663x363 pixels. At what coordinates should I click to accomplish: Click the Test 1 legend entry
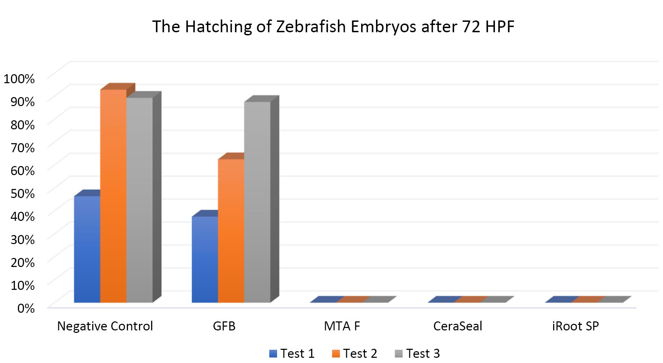(x=292, y=353)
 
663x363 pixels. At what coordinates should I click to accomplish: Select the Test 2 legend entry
(x=355, y=353)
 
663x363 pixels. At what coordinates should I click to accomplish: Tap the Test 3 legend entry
(x=417, y=353)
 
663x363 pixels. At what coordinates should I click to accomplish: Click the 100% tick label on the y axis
(x=19, y=79)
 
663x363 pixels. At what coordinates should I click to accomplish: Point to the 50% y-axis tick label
(x=23, y=193)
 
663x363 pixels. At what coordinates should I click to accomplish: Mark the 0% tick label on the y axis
(x=26, y=308)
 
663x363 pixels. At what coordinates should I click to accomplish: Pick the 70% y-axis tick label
(x=23, y=148)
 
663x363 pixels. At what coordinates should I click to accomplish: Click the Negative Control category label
(x=105, y=326)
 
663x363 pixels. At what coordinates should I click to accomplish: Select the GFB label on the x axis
(x=224, y=326)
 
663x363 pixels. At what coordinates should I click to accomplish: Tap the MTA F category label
(x=342, y=326)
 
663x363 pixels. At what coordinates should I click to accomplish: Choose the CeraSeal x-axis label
(x=457, y=326)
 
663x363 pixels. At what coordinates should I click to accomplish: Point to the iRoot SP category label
(x=575, y=326)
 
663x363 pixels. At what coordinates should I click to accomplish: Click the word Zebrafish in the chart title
(x=311, y=27)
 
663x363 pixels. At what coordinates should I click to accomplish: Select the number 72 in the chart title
(x=471, y=27)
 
